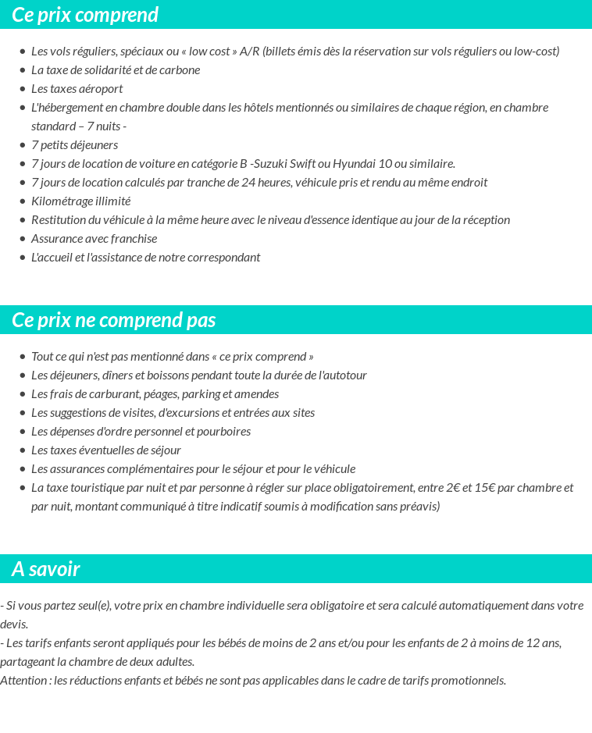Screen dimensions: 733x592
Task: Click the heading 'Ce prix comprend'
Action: tap(85, 15)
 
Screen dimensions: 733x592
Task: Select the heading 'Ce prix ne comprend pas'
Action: tap(114, 320)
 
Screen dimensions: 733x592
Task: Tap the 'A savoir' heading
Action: tap(46, 569)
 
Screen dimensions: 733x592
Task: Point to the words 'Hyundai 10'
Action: tap(360, 163)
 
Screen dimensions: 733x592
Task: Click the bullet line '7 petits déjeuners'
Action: tap(75, 144)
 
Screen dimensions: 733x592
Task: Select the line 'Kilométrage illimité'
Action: tap(81, 201)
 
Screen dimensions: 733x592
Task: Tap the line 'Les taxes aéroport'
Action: tap(77, 88)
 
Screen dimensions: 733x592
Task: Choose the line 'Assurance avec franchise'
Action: tap(95, 238)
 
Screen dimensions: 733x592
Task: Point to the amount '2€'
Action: tap(448, 487)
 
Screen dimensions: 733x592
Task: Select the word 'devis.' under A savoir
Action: tap(15, 624)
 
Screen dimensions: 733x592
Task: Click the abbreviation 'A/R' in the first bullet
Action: tap(249, 51)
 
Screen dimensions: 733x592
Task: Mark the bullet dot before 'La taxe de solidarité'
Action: tap(23, 69)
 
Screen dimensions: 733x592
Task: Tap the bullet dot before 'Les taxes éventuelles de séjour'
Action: tap(23, 450)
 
